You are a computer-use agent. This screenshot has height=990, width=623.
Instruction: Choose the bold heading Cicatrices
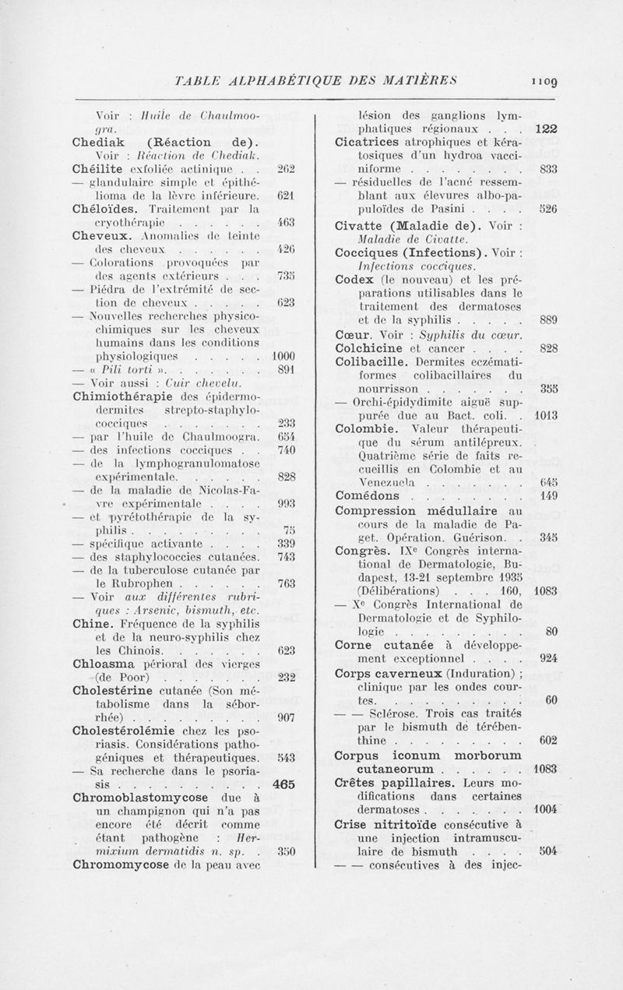click(372, 141)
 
